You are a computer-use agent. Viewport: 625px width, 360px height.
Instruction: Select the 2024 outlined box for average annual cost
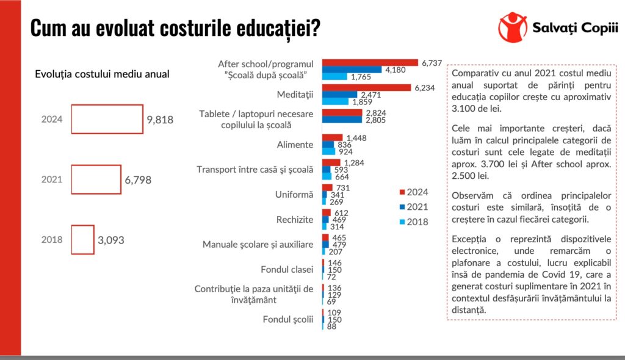point(107,119)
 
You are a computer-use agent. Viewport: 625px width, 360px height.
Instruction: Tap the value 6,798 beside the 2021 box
point(138,180)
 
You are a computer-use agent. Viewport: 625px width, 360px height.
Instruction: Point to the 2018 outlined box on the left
point(82,239)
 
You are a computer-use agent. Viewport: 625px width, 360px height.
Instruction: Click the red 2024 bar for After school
point(370,62)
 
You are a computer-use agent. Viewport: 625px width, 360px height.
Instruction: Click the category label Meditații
point(295,95)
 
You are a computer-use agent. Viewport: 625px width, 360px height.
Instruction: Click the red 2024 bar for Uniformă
point(327,187)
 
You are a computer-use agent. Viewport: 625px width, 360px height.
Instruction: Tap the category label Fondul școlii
point(287,319)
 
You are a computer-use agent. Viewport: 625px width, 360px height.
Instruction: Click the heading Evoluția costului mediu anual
point(102,74)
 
